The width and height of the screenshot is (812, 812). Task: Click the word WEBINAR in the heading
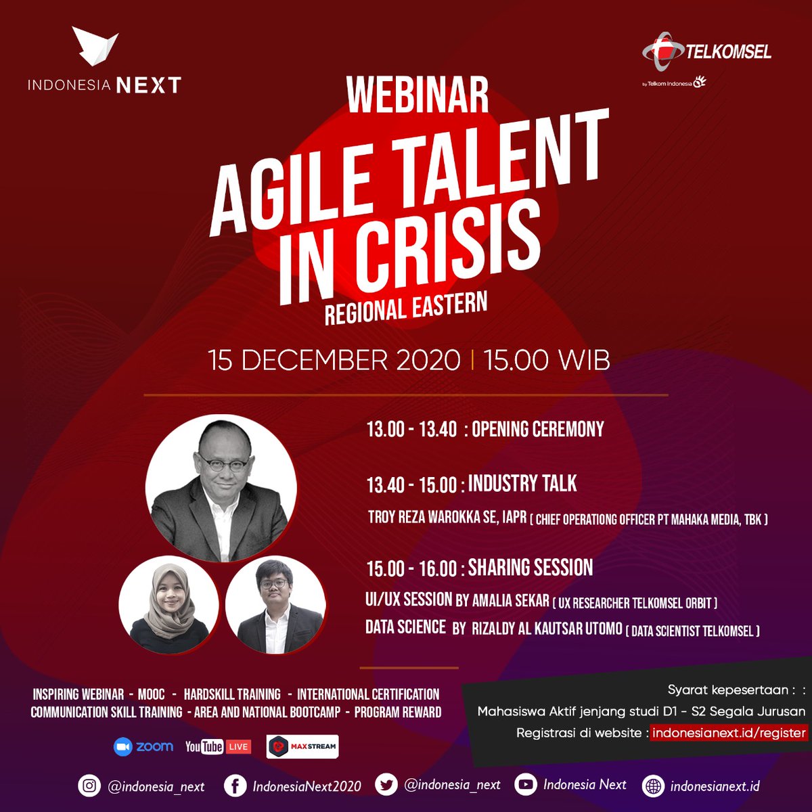click(418, 95)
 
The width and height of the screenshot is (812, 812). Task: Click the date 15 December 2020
click(334, 360)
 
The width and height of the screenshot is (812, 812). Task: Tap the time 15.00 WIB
click(547, 360)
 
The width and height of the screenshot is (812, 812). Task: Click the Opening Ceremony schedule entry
click(537, 429)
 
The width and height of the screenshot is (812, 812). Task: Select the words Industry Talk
click(522, 483)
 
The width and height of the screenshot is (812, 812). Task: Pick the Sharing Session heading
click(531, 567)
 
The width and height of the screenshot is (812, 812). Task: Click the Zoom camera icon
click(122, 746)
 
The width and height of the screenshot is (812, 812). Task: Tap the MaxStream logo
click(302, 746)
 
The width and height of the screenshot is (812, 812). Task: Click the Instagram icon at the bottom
click(89, 786)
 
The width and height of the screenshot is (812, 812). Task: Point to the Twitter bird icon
click(386, 786)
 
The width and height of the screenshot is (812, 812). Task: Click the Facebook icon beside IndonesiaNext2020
click(235, 786)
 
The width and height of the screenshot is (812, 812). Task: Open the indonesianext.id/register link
click(729, 732)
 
